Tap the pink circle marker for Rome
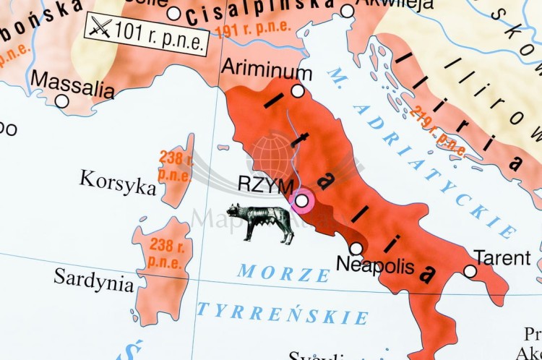[x=302, y=201]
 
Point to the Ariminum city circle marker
[x=298, y=91]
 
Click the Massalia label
[x=72, y=84]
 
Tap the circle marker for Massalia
[x=62, y=101]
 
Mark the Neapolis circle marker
[x=356, y=248]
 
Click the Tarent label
[x=502, y=258]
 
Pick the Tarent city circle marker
[x=470, y=271]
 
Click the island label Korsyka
[x=118, y=182]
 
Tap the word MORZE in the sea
[x=283, y=273]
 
